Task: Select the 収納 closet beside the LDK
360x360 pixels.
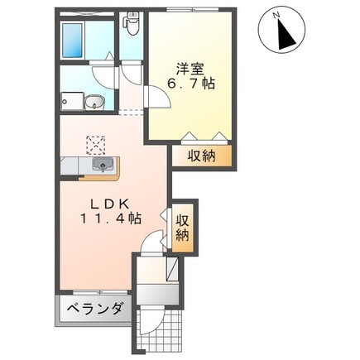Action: pos(183,226)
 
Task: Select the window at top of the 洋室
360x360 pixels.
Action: pos(192,10)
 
